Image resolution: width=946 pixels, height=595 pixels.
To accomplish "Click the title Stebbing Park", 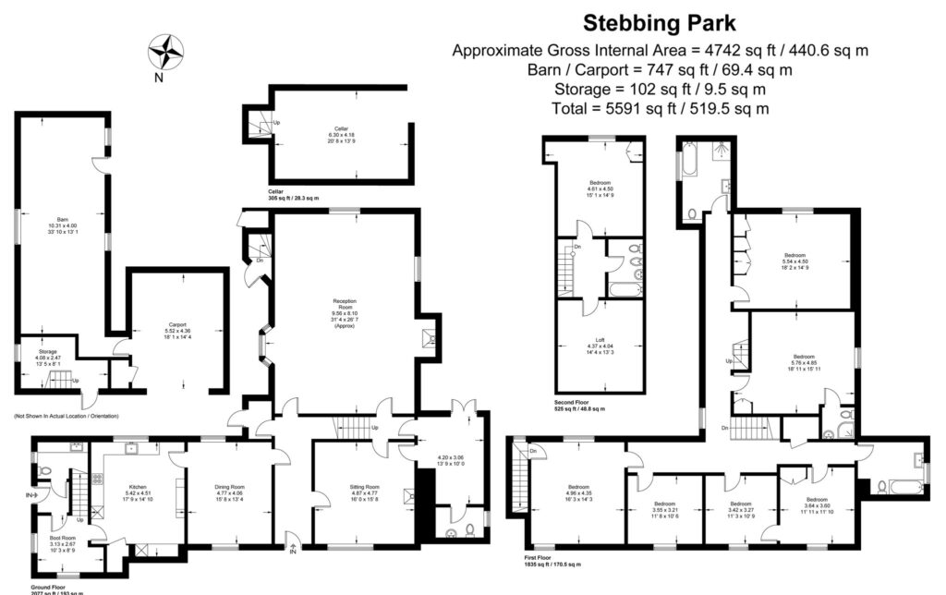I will [661, 22].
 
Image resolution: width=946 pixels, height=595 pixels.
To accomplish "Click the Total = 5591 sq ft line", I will [661, 109].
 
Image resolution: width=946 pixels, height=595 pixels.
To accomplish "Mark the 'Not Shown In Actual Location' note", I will [66, 416].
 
